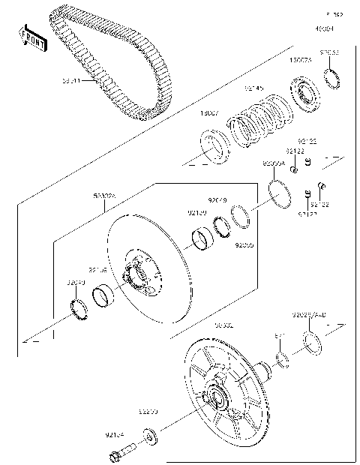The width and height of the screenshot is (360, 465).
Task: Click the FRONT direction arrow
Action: point(32,37)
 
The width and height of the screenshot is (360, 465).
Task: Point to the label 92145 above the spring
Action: point(254,89)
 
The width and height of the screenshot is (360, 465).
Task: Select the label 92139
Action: point(196,213)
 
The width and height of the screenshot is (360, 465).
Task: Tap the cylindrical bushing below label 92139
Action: point(202,238)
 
